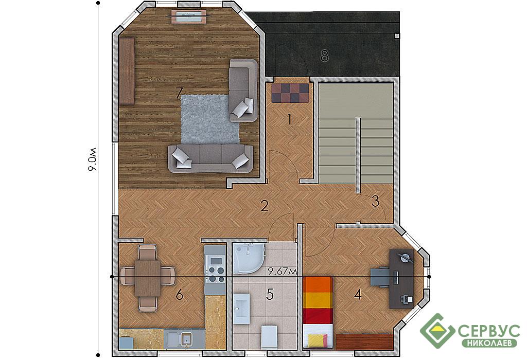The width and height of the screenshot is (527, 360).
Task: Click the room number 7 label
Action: coord(180,93)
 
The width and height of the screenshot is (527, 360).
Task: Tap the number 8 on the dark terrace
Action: coord(324,56)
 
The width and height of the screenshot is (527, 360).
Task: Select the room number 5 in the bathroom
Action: coord(270,295)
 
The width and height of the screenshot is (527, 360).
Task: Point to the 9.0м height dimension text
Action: coord(92,159)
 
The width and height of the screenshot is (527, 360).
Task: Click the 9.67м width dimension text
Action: coord(283,272)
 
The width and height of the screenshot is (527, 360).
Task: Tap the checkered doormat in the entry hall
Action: coord(290,93)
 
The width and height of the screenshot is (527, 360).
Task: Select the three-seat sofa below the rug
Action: coord(210,158)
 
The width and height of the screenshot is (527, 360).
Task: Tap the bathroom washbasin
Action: coord(241,308)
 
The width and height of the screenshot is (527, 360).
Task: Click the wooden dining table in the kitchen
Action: coord(147,278)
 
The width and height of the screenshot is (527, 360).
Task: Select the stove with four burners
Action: coord(215,269)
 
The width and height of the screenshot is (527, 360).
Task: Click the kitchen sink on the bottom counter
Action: coord(181,338)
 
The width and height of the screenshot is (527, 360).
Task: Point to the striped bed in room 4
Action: coord(318,312)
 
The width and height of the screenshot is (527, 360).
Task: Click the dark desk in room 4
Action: coord(401,279)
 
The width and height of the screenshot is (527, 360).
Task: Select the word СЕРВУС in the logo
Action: coord(489,331)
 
